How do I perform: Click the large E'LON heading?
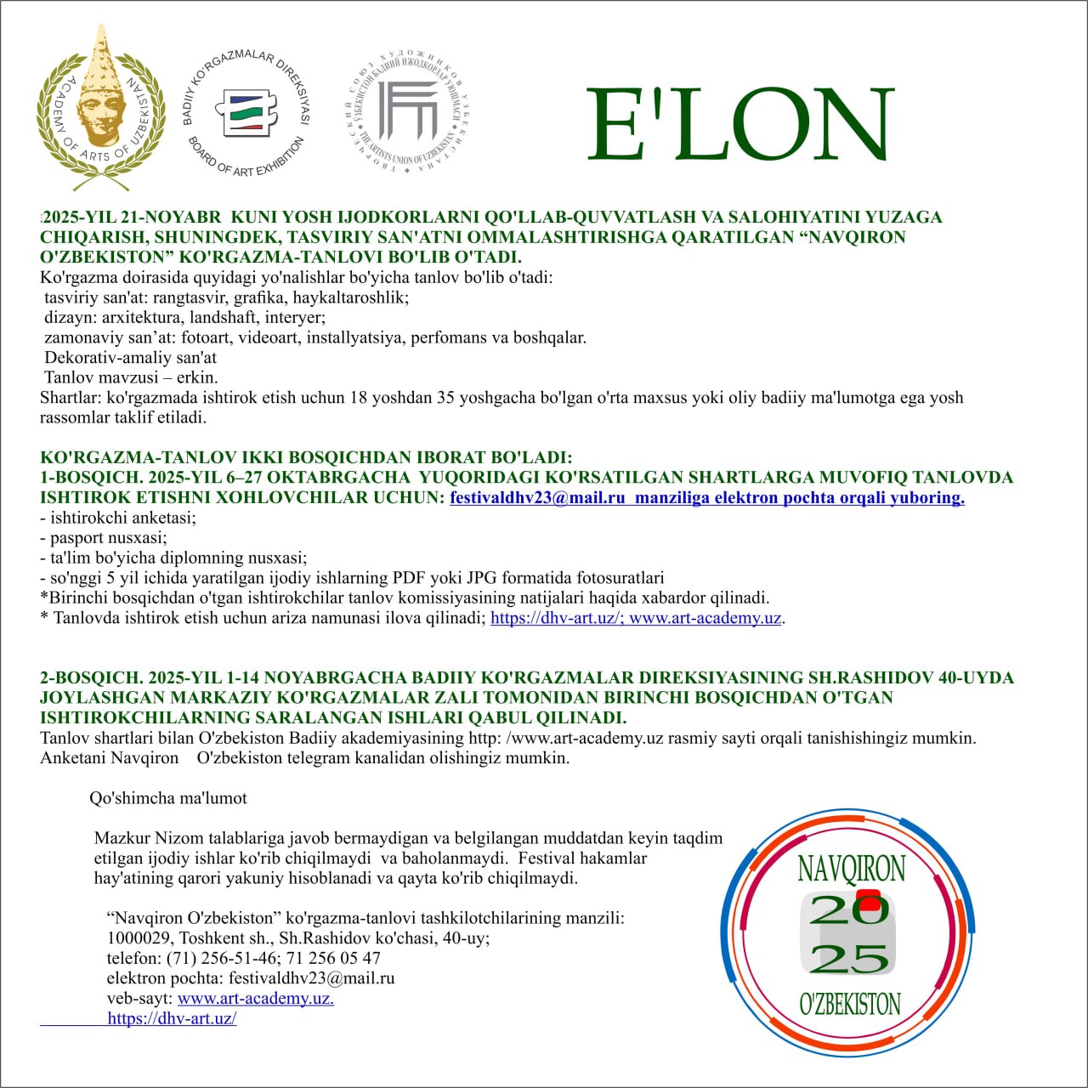[739, 125]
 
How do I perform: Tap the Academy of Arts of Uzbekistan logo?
[101, 109]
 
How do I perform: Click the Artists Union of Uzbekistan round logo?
[408, 111]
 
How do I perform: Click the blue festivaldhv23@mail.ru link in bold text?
[537, 498]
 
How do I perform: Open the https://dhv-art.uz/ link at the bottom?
[172, 1018]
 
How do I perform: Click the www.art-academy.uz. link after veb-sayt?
[255, 998]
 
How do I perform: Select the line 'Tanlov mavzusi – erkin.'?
[131, 377]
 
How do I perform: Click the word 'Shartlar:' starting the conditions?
[71, 397]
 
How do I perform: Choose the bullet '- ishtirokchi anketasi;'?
[118, 518]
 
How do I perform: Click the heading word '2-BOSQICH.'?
[91, 678]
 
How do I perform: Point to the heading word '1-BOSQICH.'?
[90, 478]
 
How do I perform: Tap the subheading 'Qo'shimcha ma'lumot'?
[168, 798]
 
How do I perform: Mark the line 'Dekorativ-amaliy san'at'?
[130, 358]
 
